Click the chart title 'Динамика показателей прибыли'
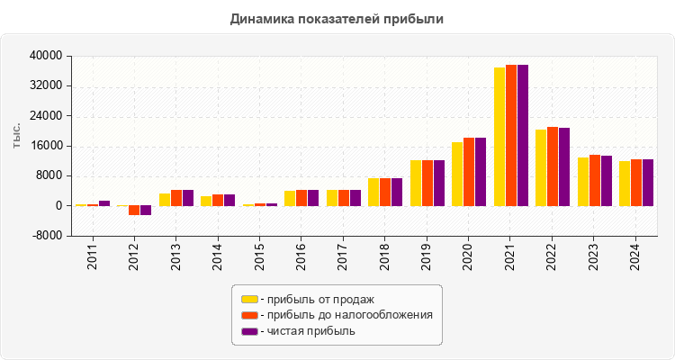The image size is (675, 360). click(337, 18)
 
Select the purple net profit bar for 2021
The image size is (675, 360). click(523, 135)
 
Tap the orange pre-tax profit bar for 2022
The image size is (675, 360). click(553, 166)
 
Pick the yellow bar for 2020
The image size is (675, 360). click(457, 174)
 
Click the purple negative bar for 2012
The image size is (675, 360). click(146, 211)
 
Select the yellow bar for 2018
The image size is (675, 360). click(373, 192)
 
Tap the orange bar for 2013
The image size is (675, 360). click(176, 198)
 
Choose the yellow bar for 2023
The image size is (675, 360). click(583, 182)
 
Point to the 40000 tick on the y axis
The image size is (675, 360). click(46, 56)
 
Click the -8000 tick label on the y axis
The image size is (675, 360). click(46, 236)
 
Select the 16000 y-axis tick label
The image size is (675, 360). click(46, 146)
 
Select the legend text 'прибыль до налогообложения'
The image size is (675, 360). click(346, 315)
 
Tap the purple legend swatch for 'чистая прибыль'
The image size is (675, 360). click(249, 331)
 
